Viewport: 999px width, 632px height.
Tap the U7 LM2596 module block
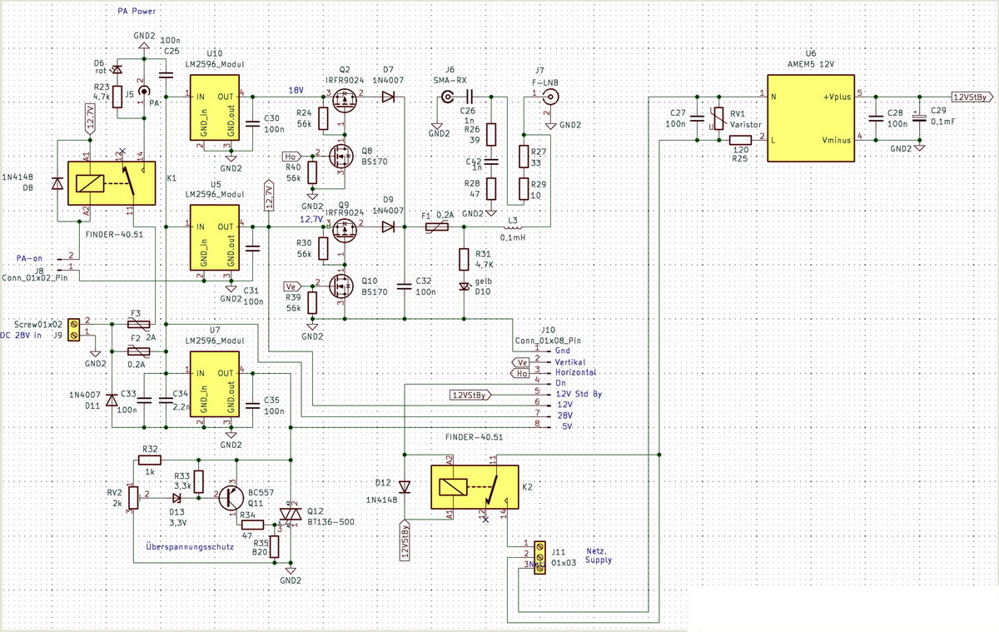215,388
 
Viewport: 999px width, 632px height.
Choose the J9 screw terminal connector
76,328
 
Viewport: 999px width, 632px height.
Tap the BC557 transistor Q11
231,497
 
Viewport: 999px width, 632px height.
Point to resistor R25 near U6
740,139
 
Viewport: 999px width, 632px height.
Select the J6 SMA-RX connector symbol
447,97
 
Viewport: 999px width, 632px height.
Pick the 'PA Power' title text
139,11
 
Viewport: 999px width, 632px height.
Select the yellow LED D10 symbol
465,287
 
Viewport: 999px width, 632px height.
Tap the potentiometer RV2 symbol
133,497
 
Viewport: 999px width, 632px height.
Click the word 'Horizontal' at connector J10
577,372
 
